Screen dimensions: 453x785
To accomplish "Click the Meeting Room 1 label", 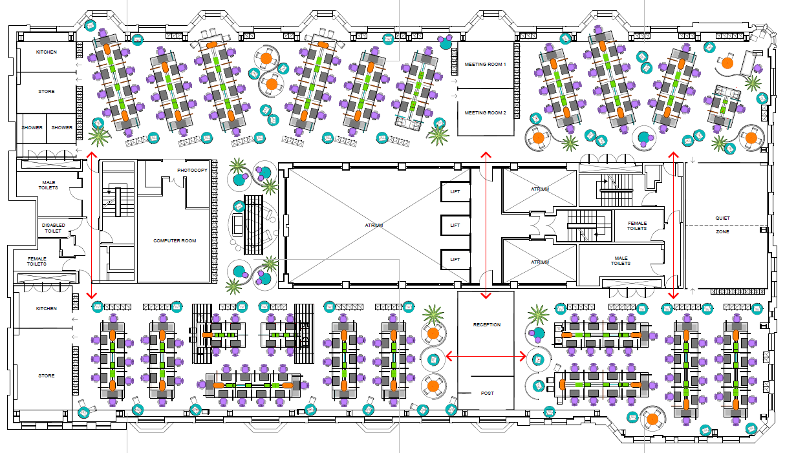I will click(486, 64).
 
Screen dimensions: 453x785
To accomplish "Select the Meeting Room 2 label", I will click(486, 112).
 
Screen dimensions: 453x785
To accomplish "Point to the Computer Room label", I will click(175, 241).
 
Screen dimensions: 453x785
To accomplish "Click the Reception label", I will click(486, 324).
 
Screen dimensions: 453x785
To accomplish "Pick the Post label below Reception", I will click(486, 393).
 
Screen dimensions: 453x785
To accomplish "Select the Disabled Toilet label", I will click(54, 227).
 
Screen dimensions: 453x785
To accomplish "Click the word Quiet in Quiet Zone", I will click(722, 218).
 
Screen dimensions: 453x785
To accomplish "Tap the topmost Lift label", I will click(455, 191).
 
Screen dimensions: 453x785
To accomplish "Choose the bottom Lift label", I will click(455, 259).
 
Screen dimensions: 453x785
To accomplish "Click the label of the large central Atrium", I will click(374, 225).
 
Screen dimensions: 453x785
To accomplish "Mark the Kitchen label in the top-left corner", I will click(46, 52).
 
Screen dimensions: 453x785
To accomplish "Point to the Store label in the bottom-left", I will click(46, 375).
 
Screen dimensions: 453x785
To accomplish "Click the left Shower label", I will click(32, 127).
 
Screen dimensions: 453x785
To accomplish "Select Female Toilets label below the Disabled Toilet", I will click(37, 261).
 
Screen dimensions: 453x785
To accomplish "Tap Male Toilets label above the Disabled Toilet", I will click(50, 185).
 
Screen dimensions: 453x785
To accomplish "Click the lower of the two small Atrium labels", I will click(540, 262).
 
